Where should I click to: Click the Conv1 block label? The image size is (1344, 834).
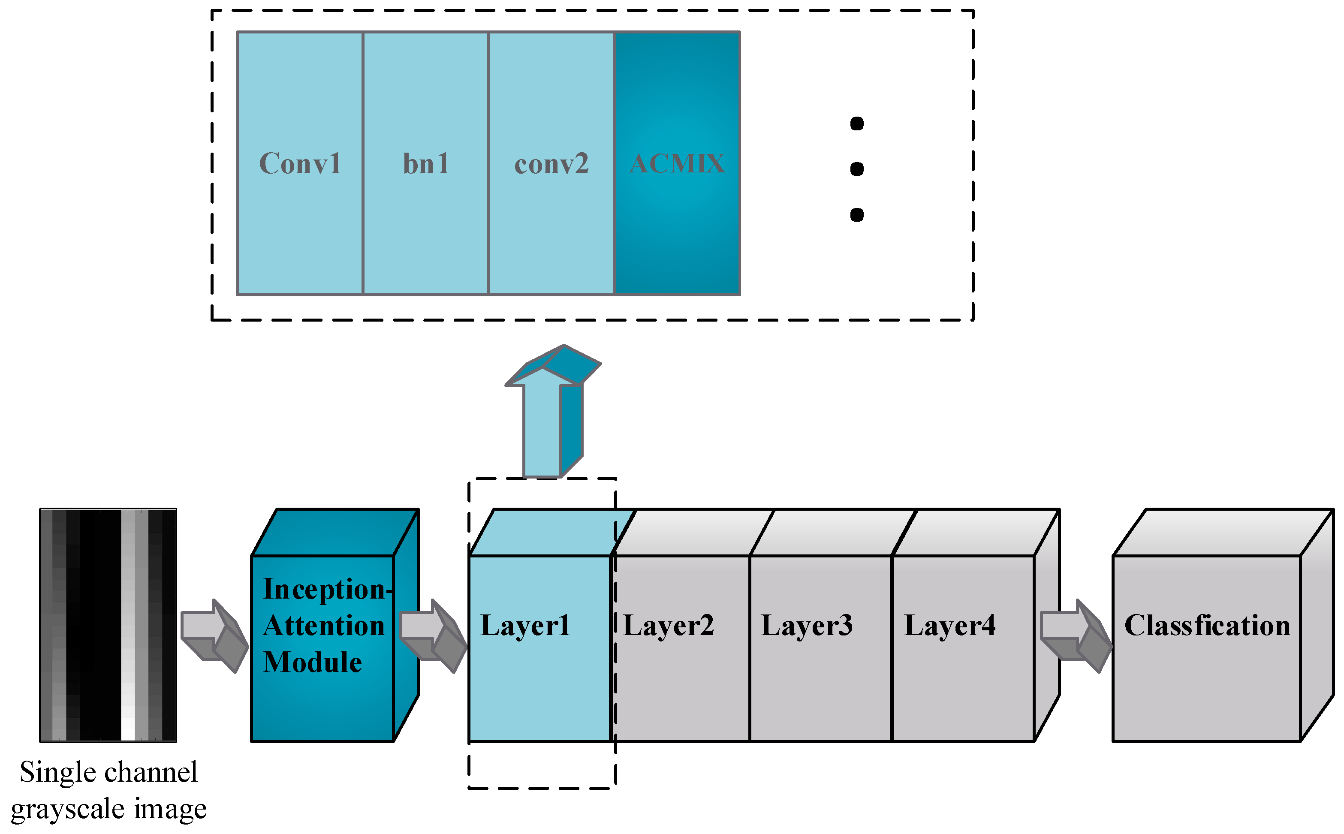click(x=300, y=163)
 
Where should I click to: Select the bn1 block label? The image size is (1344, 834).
click(x=426, y=163)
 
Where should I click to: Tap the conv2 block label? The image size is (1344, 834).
click(x=551, y=164)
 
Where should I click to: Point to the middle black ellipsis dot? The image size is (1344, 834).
click(x=856, y=169)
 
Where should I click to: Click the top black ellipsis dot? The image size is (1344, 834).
click(x=856, y=123)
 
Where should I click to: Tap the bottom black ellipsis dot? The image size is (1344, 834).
click(x=856, y=214)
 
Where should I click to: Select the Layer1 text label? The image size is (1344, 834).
click(x=524, y=626)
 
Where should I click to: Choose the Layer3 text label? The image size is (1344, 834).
click(x=806, y=626)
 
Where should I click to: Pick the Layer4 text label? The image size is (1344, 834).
click(x=950, y=626)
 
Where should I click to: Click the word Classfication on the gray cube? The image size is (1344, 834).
click(x=1207, y=626)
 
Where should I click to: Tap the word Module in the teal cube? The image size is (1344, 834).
click(x=312, y=662)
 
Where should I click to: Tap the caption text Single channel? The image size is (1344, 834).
click(x=108, y=772)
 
